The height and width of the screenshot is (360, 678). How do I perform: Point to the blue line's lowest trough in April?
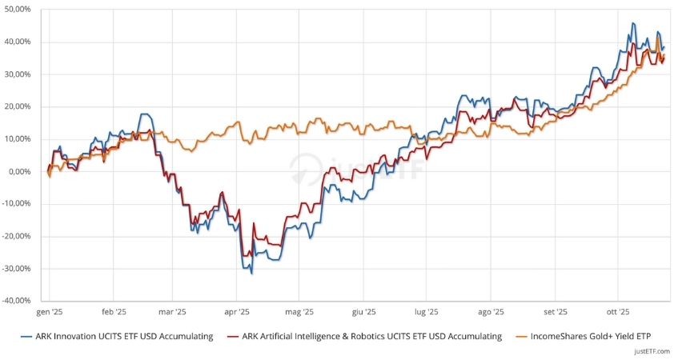pos(252,274)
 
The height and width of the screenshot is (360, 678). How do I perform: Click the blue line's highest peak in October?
pos(633,23)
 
